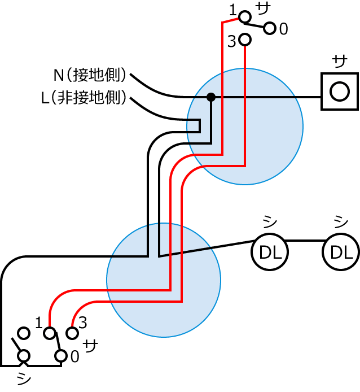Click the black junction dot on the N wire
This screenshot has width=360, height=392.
211,97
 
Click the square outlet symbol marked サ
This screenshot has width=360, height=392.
339,92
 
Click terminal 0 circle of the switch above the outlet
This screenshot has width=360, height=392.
270,28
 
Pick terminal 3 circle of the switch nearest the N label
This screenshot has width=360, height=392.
245,40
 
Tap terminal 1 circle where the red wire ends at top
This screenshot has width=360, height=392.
245,18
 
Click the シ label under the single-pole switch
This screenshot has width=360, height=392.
24,377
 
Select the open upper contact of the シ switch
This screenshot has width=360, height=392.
24,333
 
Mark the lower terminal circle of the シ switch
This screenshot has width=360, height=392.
24,355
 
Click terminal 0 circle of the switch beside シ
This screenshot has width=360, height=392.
60,355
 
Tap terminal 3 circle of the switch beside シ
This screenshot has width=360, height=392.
72,333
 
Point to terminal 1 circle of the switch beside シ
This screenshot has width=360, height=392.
50,333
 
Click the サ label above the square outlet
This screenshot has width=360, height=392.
339,61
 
